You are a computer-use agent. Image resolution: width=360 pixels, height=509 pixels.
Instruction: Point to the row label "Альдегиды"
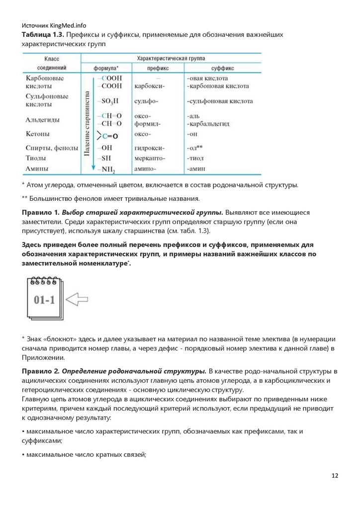click(43, 120)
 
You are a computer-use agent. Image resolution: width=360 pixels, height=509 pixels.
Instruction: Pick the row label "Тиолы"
click(36, 158)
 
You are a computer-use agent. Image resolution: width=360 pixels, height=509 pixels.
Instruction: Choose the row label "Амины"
click(36, 169)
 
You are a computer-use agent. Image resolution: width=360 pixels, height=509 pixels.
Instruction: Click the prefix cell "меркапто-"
click(150, 158)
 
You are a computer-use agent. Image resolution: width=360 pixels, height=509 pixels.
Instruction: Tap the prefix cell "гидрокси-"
click(150, 148)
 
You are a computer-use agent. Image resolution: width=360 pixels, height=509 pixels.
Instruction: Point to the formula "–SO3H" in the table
click(109, 101)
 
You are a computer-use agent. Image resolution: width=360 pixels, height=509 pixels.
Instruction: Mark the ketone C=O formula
click(108, 135)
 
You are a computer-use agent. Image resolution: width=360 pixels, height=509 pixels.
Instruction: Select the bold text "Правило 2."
click(40, 371)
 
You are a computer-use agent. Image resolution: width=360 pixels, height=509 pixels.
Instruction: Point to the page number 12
click(335, 476)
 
